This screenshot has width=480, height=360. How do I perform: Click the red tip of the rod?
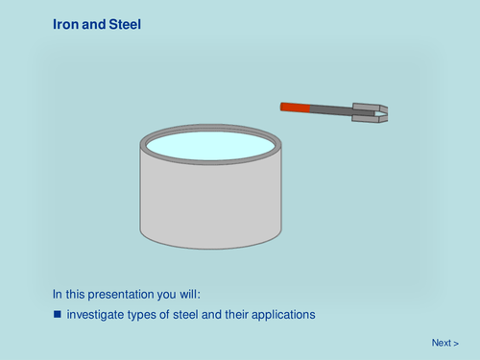[296, 107]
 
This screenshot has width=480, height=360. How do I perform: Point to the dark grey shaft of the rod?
[332, 110]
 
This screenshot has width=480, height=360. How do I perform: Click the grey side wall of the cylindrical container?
[211, 206]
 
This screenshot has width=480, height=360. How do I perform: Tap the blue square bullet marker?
[57, 314]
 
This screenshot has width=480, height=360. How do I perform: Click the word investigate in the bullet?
[94, 314]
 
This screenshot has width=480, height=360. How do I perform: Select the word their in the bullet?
[238, 314]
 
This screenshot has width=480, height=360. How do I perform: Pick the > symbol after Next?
[456, 343]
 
